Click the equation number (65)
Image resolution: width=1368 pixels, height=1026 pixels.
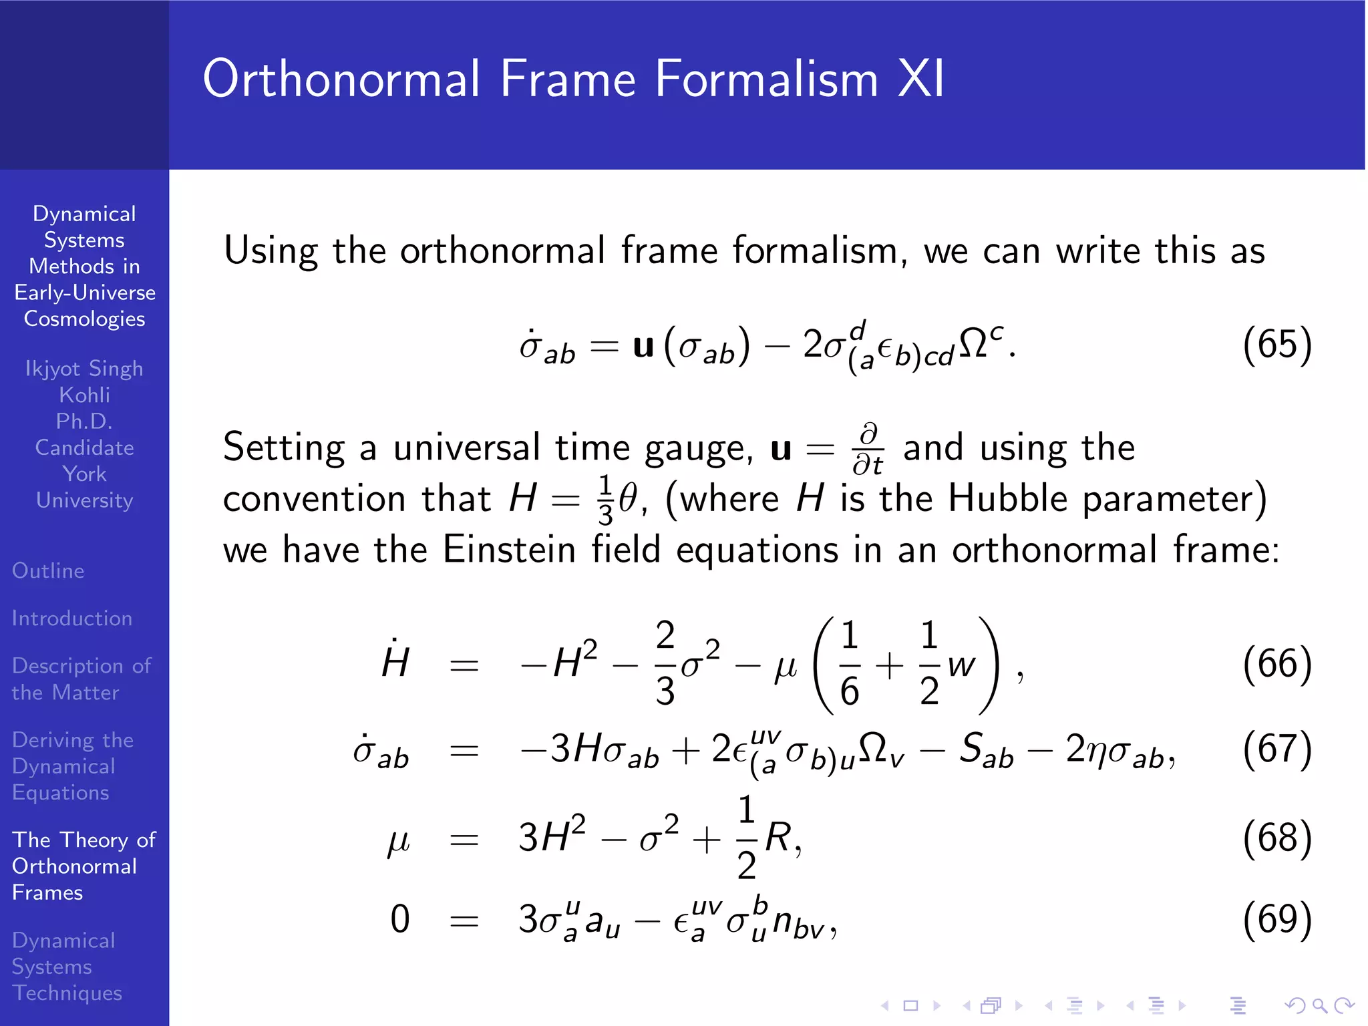click(x=1276, y=345)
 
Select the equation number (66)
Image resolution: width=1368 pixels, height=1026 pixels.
click(x=1276, y=664)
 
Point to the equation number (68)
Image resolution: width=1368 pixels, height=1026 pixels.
click(x=1276, y=838)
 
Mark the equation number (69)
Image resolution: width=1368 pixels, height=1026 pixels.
click(x=1276, y=919)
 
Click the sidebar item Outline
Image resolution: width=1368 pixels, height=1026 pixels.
click(x=48, y=571)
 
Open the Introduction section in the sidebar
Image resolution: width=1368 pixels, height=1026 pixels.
click(x=72, y=619)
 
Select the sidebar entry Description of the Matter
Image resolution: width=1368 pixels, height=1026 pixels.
click(x=81, y=679)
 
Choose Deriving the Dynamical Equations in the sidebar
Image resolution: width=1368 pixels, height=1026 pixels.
click(x=72, y=766)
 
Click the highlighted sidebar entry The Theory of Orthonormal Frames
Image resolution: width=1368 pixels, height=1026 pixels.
click(x=83, y=866)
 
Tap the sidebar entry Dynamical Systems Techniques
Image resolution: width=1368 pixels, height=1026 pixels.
click(x=67, y=967)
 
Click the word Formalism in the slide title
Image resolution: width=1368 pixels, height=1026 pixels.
click(x=766, y=79)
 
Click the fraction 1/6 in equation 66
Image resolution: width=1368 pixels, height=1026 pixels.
click(x=849, y=663)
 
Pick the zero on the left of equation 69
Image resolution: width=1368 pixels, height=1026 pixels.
click(x=399, y=919)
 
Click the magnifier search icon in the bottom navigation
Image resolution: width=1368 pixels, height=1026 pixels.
click(x=1319, y=1005)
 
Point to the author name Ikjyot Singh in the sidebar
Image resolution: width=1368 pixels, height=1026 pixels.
click(x=84, y=369)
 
